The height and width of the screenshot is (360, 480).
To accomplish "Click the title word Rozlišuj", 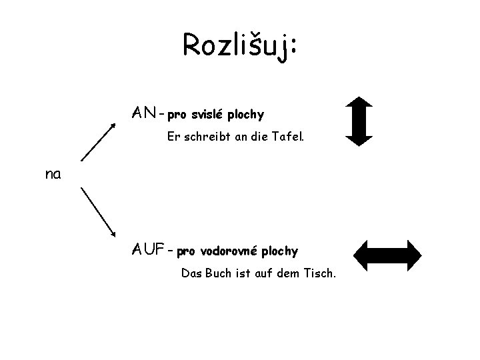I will tap(237, 45).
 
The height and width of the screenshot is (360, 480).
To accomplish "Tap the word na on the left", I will tap(53, 175).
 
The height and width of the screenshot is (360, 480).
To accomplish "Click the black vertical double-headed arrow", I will tap(359, 121).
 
